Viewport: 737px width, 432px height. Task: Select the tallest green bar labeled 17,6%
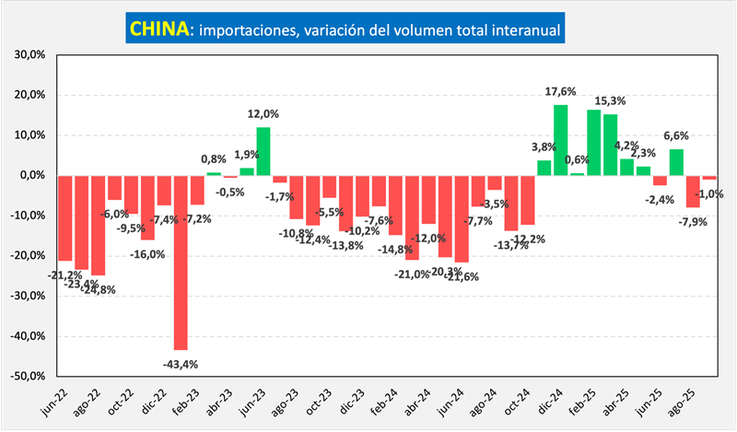pyautogui.click(x=560, y=139)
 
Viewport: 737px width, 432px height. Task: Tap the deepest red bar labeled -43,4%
pyautogui.click(x=181, y=262)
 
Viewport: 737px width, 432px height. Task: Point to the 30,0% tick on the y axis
pyautogui.click(x=29, y=54)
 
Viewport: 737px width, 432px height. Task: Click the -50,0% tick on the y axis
pyautogui.click(x=28, y=376)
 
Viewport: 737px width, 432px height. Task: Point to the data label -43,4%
pyautogui.click(x=181, y=364)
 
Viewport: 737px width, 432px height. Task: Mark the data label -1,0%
pyautogui.click(x=709, y=193)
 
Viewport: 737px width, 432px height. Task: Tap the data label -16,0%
pyautogui.click(x=147, y=253)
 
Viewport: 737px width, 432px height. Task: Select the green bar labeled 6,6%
pyautogui.click(x=676, y=162)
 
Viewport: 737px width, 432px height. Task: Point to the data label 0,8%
pyautogui.click(x=214, y=158)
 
